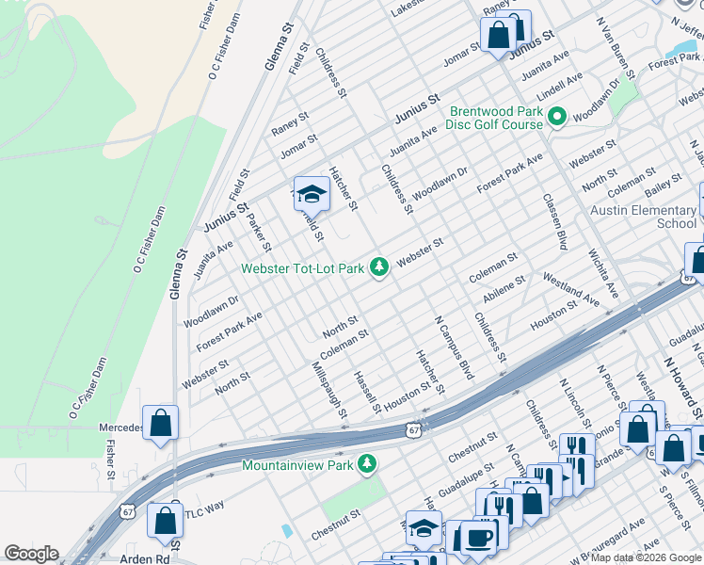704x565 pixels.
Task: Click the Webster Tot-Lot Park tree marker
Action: click(379, 268)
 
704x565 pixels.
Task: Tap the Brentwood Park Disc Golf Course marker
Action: click(556, 118)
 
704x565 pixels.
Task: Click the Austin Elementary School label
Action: click(644, 217)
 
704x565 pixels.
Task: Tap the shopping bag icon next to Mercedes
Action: click(161, 424)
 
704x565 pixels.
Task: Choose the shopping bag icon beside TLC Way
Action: click(166, 519)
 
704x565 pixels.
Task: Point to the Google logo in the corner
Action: click(31, 554)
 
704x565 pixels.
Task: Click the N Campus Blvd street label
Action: click(452, 349)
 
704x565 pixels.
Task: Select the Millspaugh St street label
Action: click(330, 389)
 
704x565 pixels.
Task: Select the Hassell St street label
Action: click(366, 391)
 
